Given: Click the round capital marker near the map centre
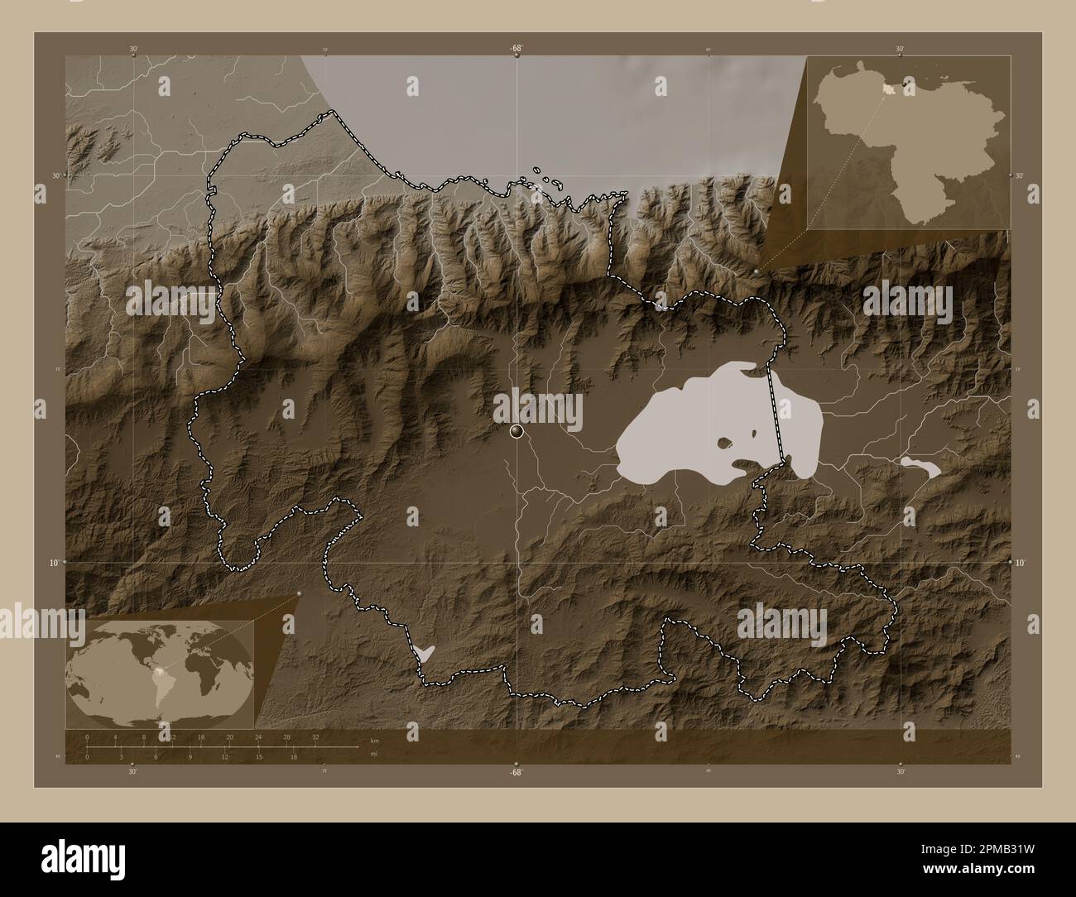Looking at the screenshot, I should pyautogui.click(x=517, y=429).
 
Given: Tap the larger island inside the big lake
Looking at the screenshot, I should pyautogui.click(x=725, y=444).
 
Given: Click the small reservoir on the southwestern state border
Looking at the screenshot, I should pyautogui.click(x=424, y=653).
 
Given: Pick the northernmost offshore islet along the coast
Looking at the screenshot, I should pyautogui.click(x=537, y=170).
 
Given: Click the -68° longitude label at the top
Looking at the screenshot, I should pyautogui.click(x=516, y=48).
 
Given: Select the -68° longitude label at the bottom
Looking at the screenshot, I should pyautogui.click(x=516, y=772).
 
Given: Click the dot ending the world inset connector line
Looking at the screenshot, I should pyautogui.click(x=299, y=593).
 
